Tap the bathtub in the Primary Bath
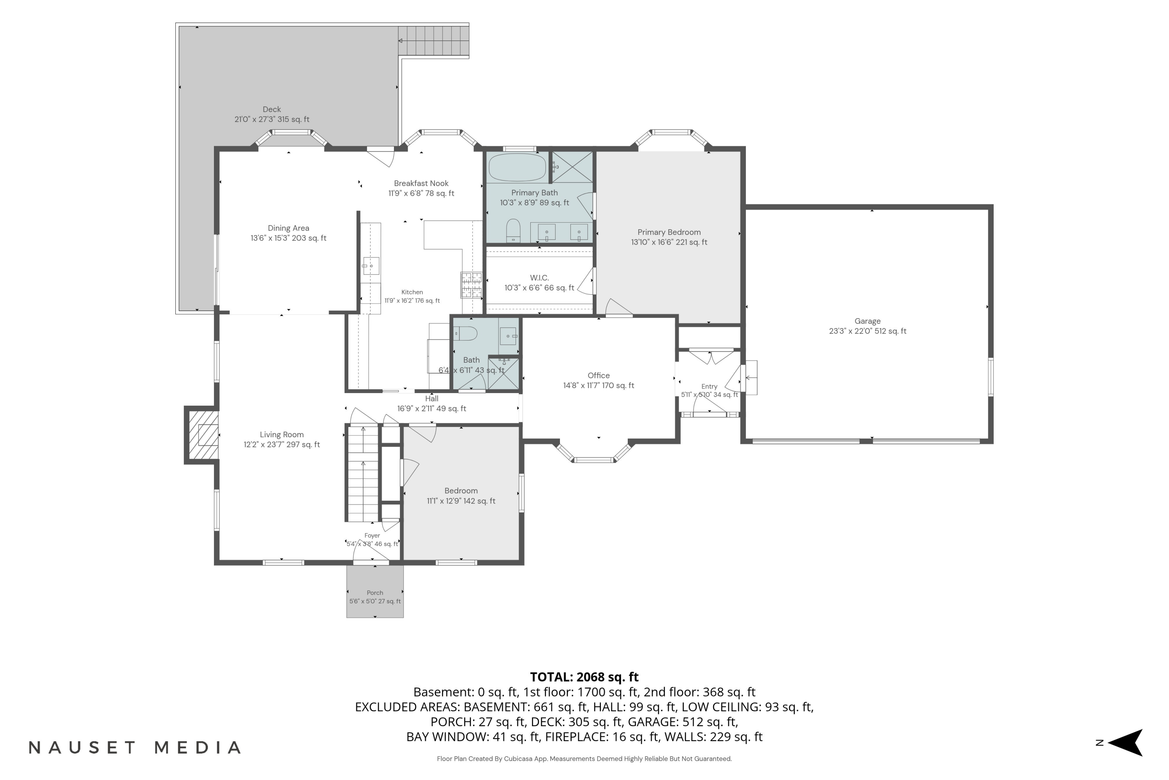[517, 167]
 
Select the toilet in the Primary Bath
[513, 231]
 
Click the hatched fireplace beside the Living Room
[203, 435]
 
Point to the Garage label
[867, 321]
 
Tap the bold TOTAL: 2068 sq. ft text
[584, 677]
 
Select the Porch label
[375, 592]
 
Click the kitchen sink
[371, 266]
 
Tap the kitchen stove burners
[471, 285]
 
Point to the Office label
[599, 376]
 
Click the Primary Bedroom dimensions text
[669, 242]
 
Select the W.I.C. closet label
[539, 278]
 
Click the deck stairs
[433, 41]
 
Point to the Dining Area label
[288, 228]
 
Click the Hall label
[431, 399]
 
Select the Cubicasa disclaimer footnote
[584, 759]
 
